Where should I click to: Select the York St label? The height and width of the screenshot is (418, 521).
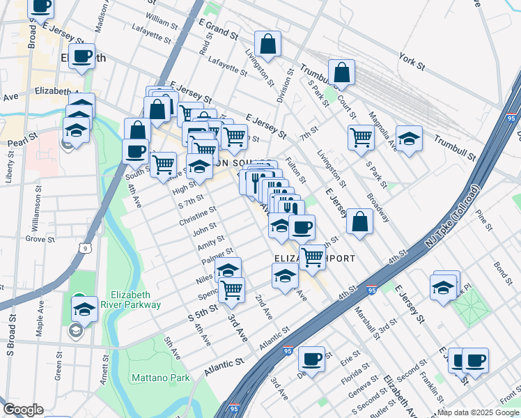coord(412,62)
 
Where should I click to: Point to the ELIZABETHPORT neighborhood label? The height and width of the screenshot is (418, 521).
coord(314,258)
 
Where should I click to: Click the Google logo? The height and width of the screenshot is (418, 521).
coord(22,410)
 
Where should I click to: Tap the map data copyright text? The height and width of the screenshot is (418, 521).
coord(477,412)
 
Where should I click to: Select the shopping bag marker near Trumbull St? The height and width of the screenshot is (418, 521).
coord(341,72)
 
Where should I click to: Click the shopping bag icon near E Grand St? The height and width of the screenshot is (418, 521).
coord(267,44)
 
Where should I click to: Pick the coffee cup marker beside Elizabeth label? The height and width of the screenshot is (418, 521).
coord(81,56)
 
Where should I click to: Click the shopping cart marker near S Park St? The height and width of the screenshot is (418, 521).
coord(361,137)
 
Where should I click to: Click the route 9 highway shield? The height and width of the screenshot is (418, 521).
coord(84,247)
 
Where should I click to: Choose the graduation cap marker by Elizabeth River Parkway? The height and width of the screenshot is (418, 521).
coord(84,308)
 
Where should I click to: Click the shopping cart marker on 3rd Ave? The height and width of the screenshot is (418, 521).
coord(232,289)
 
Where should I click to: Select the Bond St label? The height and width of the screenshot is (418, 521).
coord(502,267)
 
